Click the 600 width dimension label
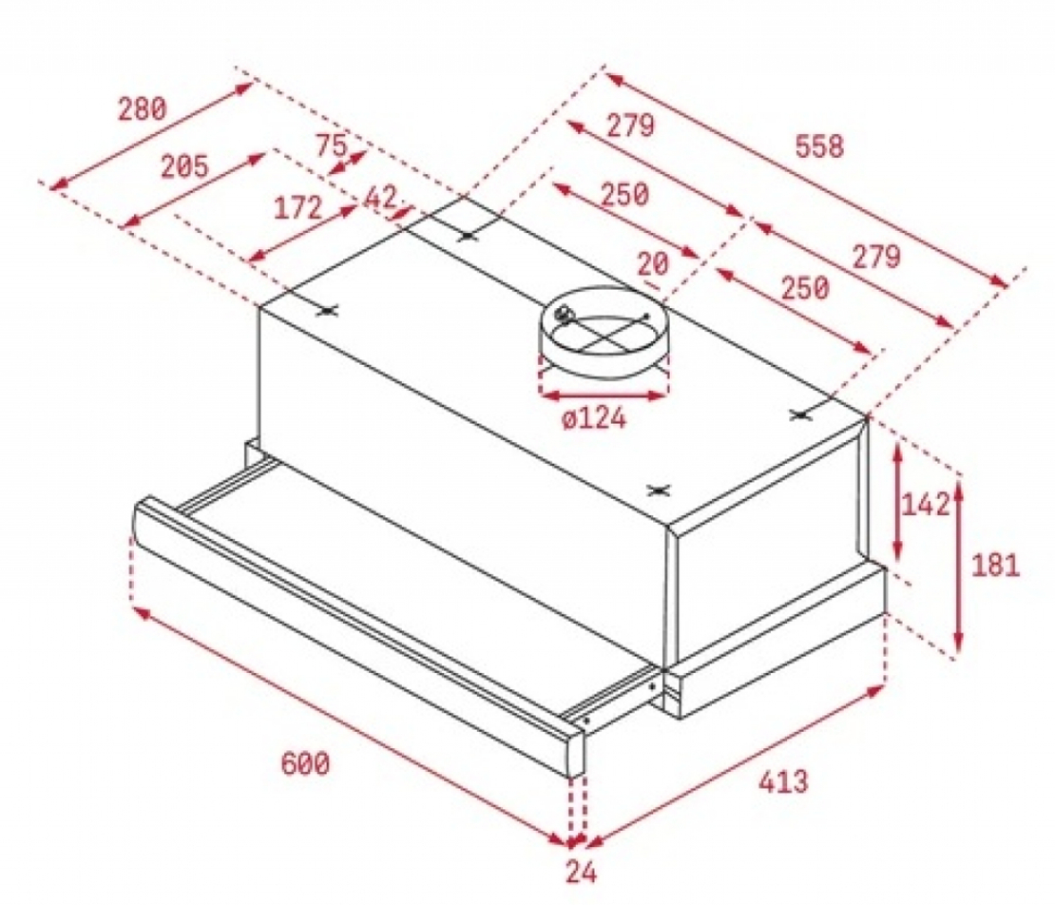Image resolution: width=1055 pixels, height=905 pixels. [305, 762]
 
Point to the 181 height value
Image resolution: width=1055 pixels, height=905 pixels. [996, 566]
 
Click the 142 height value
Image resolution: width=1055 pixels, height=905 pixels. [925, 505]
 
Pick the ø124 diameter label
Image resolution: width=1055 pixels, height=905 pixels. [594, 417]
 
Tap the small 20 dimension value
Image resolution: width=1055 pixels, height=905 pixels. [653, 264]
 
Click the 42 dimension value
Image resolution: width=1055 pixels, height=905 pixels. [381, 197]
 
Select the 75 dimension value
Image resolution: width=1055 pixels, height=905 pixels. [330, 145]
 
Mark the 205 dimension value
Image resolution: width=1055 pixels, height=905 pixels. [183, 167]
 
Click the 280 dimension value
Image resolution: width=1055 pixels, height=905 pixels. [142, 108]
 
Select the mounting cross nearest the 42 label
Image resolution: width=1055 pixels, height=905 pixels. [466, 234]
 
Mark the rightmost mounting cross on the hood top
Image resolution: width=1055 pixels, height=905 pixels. [803, 414]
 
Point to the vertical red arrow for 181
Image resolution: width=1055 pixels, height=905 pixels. [959, 566]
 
